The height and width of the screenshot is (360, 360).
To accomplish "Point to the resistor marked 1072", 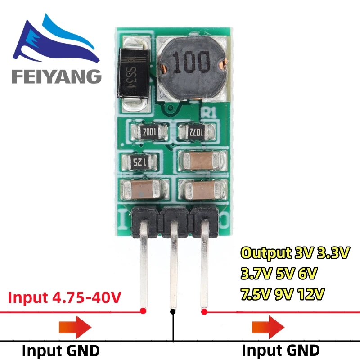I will (197, 132).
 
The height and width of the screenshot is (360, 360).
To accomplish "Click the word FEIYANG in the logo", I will (57, 76).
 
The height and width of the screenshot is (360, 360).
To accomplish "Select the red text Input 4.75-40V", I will (63, 297).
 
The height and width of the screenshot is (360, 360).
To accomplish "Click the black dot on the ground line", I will (172, 311).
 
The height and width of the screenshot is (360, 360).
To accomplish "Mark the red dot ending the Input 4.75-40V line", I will (143, 310).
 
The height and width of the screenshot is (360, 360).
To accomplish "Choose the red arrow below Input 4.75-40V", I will (75, 326).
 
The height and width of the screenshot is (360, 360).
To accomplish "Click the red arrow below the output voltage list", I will (269, 326).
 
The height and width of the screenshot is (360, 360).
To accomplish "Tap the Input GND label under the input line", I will (61, 350).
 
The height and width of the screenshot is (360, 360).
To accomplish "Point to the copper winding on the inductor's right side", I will (220, 67).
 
